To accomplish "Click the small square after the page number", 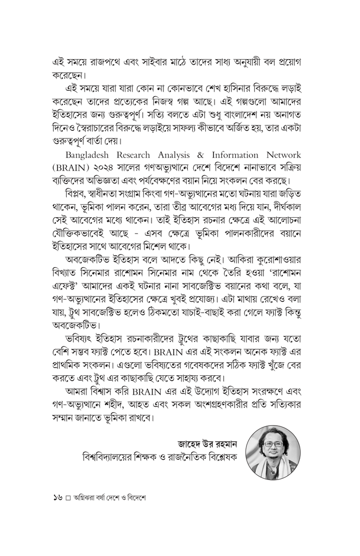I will (68, 497).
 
